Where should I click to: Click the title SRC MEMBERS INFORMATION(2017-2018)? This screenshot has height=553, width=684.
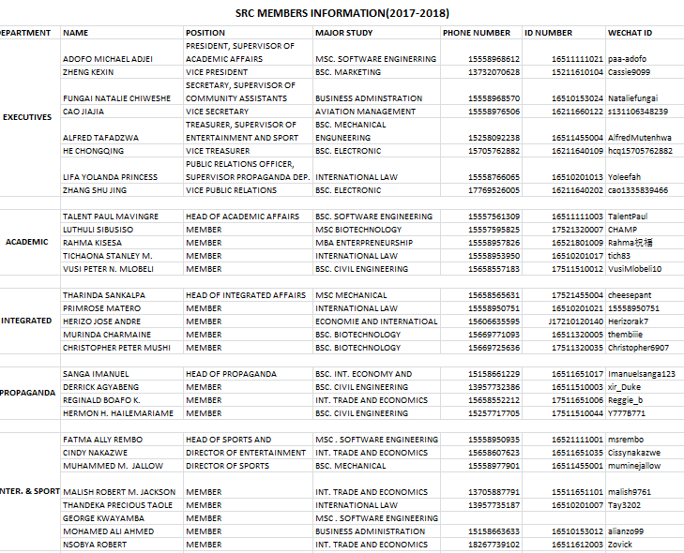coord(342,13)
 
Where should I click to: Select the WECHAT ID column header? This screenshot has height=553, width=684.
coord(630,33)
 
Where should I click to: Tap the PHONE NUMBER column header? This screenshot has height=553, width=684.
coord(477,33)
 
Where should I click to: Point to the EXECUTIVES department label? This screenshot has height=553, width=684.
coord(27,117)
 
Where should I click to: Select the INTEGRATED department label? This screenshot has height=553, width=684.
coord(26,321)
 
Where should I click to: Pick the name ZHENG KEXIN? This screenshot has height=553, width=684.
coord(88,71)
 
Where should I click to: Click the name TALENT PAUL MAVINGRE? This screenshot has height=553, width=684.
coord(110,217)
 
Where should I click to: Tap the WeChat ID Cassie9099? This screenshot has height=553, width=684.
coord(628,71)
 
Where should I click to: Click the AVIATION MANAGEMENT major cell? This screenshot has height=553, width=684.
coord(365,111)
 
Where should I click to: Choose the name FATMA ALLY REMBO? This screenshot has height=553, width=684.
coord(102,440)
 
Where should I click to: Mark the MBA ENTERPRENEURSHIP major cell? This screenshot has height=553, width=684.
coord(363,243)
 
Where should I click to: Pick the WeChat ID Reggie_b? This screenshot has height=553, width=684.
coord(627,400)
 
